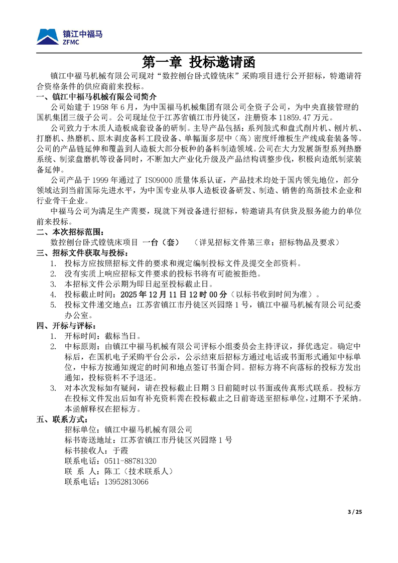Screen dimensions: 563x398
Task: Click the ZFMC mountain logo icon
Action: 48,37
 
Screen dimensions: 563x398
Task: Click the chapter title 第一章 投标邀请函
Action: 199,62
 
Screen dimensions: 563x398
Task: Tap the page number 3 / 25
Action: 354,511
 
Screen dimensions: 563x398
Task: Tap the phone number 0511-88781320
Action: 130,461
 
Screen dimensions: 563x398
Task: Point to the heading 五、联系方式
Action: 63,419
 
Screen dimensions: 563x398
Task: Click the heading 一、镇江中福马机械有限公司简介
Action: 97,96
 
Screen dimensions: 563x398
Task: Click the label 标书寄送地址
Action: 83,440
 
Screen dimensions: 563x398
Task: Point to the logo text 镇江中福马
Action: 83,34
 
